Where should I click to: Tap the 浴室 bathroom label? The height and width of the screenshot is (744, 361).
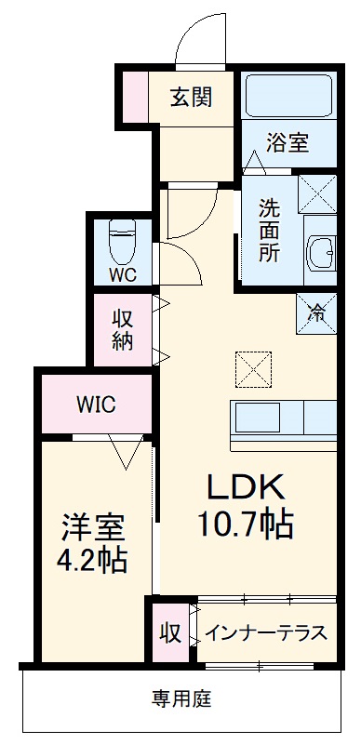tap(287, 144)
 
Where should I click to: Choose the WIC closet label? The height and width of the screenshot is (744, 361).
tap(95, 405)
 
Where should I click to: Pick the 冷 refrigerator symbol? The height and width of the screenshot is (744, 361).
tap(316, 312)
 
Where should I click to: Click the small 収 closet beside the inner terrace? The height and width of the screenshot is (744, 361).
tap(168, 633)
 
